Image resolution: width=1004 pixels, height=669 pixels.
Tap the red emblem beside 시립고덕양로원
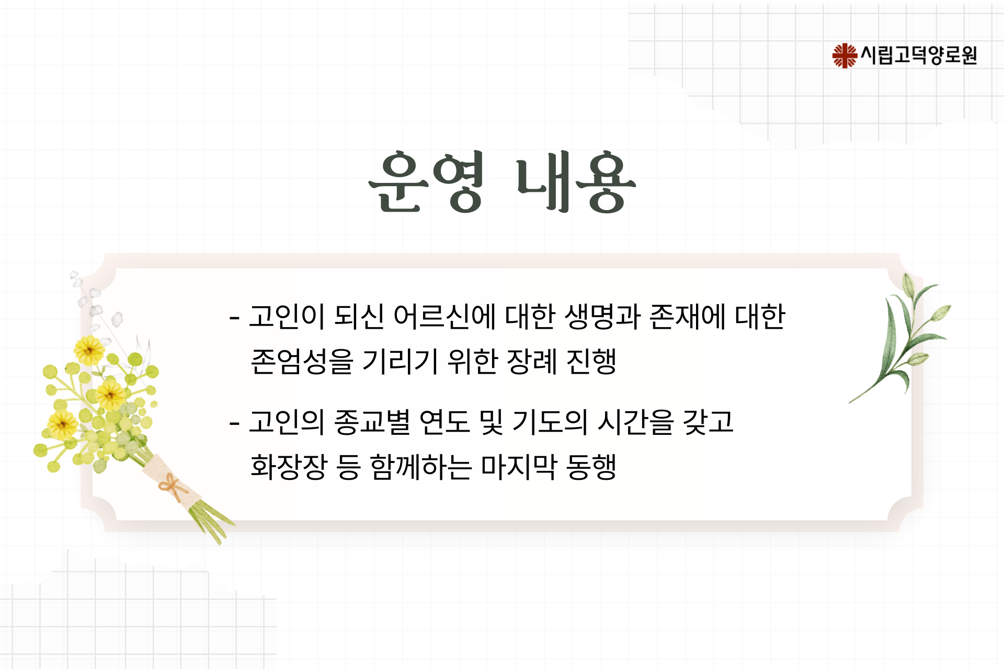click(845, 55)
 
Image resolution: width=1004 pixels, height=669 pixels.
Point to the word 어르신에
click(444, 317)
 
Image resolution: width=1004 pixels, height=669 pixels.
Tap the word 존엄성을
click(302, 362)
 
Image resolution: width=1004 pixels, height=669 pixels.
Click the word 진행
click(591, 362)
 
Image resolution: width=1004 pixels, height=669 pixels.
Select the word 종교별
click(372, 422)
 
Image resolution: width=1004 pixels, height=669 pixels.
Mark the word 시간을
click(635, 422)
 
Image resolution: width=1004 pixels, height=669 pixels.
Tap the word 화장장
click(289, 467)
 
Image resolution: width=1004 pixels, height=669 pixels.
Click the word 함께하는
click(421, 467)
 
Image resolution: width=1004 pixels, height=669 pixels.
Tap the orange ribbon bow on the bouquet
click(173, 487)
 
